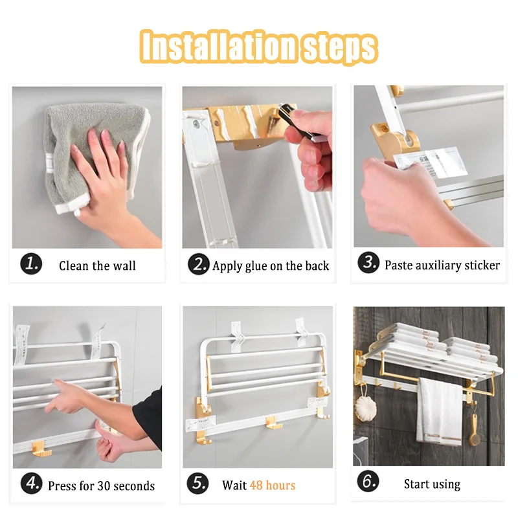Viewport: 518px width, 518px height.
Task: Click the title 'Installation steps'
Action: tap(258, 47)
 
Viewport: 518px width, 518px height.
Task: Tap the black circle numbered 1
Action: tap(31, 264)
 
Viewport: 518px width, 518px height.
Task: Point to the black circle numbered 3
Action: tap(368, 263)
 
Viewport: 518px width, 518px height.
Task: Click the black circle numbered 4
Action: tap(31, 483)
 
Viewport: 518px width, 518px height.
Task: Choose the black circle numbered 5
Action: tap(198, 483)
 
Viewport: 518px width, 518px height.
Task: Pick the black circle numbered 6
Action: tap(368, 481)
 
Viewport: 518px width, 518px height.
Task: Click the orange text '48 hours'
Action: tap(273, 485)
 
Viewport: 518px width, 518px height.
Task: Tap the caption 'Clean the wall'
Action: tap(98, 265)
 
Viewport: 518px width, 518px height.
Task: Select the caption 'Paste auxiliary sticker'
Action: tap(442, 265)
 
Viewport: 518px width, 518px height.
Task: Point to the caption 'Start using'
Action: tap(432, 484)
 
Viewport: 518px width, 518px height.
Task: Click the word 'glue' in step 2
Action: tap(256, 267)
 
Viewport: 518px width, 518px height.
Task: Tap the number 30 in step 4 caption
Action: tap(104, 486)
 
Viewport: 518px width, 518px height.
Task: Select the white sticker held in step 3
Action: tap(431, 163)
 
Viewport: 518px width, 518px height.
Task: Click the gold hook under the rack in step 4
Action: tap(41, 449)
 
